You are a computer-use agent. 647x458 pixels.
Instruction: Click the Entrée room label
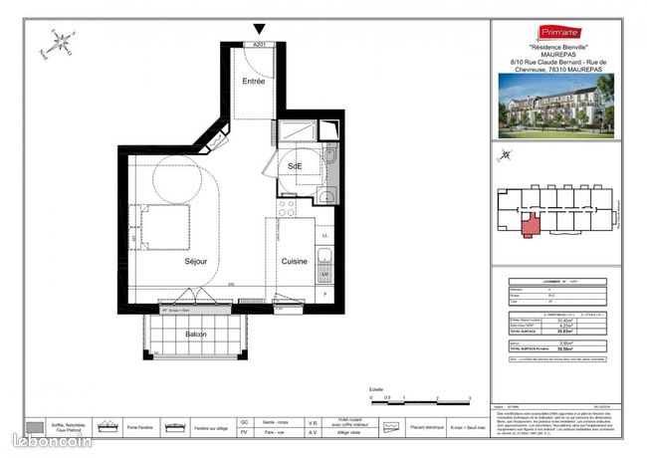tap(255, 81)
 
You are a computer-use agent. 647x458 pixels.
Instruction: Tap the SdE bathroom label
tap(296, 165)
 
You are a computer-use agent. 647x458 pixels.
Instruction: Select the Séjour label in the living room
tap(195, 262)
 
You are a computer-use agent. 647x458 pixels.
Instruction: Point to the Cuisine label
tap(294, 262)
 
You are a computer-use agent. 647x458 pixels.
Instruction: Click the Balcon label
tap(195, 335)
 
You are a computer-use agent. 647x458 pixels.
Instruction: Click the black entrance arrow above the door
tap(260, 30)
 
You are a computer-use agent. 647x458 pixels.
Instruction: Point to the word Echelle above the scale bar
tap(375, 389)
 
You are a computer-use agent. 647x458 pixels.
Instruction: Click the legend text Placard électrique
tap(425, 428)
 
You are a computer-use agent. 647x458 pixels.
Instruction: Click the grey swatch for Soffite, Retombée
tap(34, 427)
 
